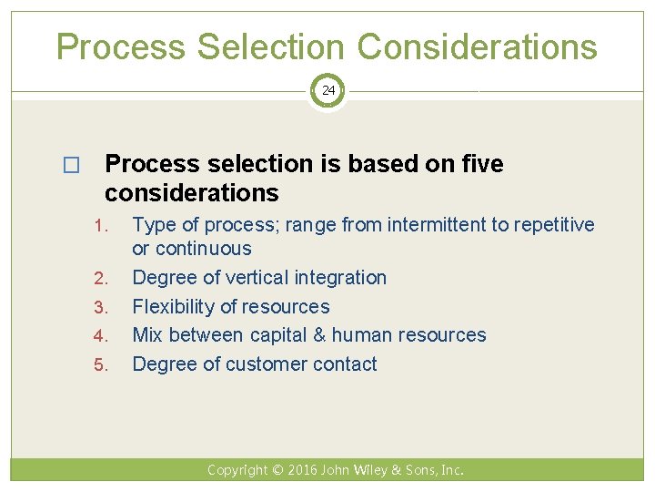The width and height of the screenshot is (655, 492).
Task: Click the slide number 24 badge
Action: [x=327, y=91]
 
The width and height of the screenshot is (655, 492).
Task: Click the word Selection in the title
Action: [x=271, y=46]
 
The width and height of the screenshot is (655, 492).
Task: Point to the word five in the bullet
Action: [x=481, y=164]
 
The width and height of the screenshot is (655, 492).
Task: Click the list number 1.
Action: [x=102, y=225]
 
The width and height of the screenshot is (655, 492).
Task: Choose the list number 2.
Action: [x=102, y=278]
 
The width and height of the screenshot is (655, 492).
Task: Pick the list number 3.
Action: [x=102, y=307]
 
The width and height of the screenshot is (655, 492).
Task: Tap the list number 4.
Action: [x=102, y=336]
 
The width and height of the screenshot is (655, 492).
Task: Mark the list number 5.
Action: [x=102, y=365]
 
